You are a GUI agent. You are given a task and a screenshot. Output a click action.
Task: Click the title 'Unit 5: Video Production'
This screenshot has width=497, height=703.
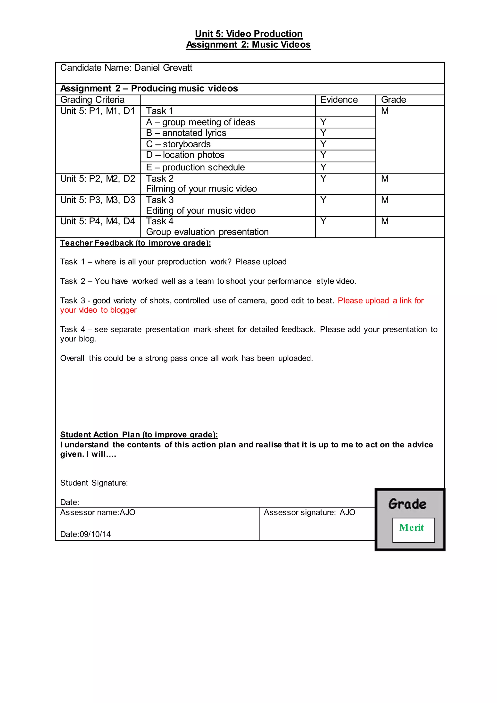[248, 34]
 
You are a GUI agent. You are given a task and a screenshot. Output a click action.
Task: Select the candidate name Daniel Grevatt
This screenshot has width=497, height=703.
[163, 68]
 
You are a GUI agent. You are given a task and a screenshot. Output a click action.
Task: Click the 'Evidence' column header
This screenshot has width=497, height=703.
[339, 100]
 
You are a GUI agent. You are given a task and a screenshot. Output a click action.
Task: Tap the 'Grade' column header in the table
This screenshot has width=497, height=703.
[393, 100]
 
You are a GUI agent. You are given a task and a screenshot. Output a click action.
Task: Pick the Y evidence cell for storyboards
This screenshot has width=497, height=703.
[323, 144]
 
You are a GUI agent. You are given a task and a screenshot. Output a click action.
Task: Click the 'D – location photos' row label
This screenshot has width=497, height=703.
[185, 155]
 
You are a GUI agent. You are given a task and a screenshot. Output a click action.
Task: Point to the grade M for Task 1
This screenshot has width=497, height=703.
[385, 111]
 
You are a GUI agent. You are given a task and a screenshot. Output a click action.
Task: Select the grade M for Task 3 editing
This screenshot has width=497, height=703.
[385, 200]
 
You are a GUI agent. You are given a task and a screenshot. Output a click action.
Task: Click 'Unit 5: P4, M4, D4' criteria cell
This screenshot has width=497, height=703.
[98, 221]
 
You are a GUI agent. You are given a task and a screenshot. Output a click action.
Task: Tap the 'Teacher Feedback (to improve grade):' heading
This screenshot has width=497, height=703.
[136, 243]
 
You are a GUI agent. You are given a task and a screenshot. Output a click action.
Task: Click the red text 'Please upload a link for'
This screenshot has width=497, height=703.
[381, 301]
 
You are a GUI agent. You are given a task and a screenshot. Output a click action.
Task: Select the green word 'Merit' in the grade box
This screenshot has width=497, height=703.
[411, 527]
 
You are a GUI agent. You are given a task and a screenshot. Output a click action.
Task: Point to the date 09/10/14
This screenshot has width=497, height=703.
[95, 534]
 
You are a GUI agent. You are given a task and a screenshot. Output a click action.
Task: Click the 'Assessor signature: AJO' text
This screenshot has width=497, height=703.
[309, 512]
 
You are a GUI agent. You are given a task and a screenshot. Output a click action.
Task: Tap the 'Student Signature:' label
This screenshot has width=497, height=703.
[94, 483]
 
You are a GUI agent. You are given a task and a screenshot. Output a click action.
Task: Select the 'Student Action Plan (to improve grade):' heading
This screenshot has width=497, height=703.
[139, 435]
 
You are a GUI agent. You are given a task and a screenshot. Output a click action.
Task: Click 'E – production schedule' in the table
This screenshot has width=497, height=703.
[195, 167]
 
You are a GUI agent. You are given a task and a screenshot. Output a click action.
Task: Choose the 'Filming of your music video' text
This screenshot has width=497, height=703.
[201, 189]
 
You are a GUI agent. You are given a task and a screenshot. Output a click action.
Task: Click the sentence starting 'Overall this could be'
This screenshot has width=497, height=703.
[186, 358]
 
